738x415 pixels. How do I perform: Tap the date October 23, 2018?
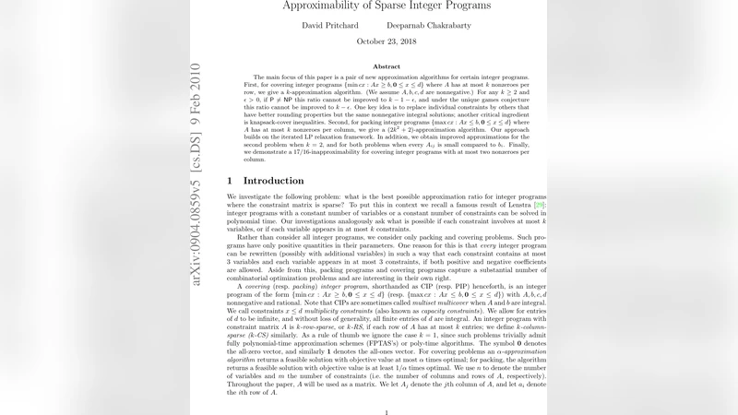coord(386,41)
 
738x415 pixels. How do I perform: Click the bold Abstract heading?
coord(387,66)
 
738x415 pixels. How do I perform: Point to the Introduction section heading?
coord(272,181)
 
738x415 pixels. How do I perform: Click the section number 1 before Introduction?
coord(231,181)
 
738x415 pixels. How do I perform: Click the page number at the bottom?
coord(386,412)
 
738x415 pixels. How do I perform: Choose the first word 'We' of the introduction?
coord(232,198)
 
